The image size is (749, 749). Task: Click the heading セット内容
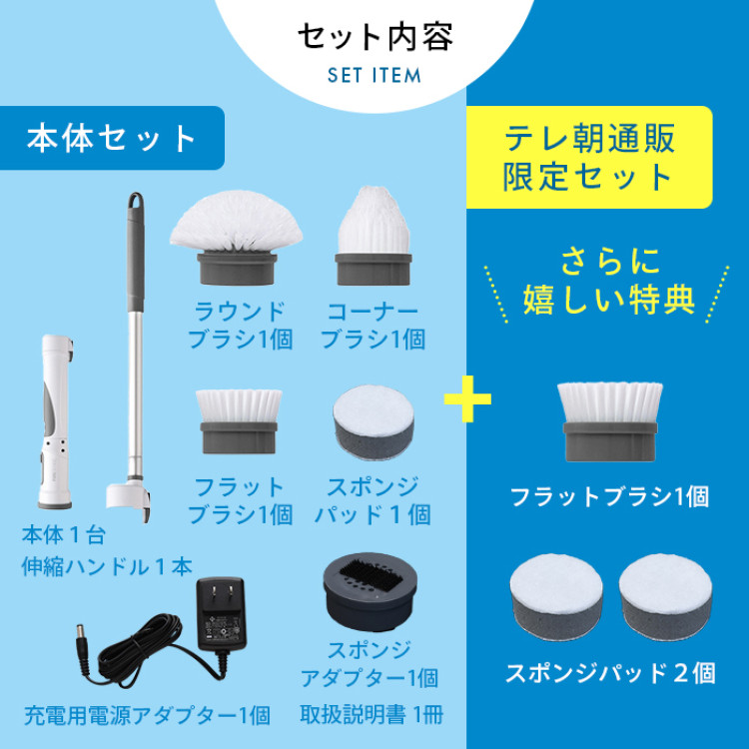[374, 37]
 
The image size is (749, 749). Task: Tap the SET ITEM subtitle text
[374, 76]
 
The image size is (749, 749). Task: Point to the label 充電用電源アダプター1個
[146, 714]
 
